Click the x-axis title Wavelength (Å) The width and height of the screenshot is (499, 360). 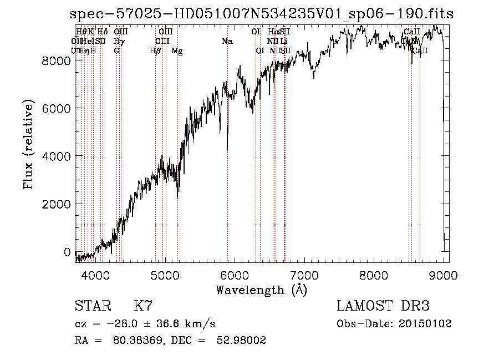point(261,290)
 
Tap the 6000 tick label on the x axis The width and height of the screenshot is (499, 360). point(235,275)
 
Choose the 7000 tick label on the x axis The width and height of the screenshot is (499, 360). point(304,275)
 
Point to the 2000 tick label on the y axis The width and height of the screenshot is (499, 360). point(57,204)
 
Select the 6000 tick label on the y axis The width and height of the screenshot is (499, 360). point(57,108)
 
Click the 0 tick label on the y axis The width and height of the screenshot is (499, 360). point(68,252)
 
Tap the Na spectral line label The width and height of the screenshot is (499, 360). point(227,42)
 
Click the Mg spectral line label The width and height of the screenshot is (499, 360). point(177,51)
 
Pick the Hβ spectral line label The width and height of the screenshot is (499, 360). point(155,51)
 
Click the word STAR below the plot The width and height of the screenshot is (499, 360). point(91,306)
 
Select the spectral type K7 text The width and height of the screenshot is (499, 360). point(143,306)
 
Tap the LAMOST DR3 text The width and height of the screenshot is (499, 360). point(383,306)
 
